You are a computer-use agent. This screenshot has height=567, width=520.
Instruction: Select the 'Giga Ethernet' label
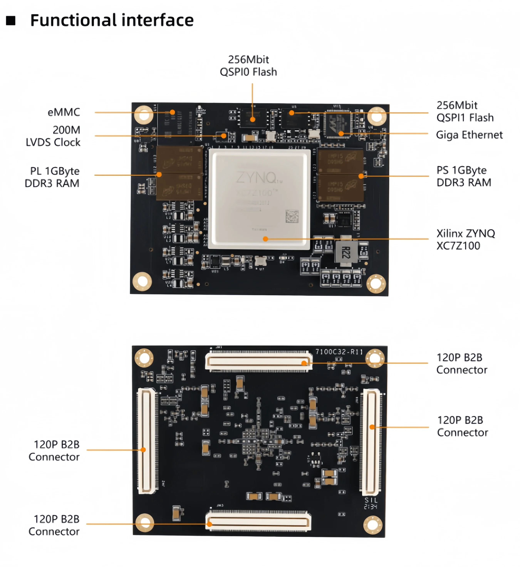click(x=469, y=135)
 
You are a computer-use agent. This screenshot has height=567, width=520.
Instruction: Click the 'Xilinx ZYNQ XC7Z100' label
click(x=465, y=239)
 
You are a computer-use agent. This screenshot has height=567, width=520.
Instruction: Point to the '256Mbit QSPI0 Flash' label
click(x=248, y=65)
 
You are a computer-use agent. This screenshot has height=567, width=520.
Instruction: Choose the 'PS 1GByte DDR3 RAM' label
click(x=463, y=176)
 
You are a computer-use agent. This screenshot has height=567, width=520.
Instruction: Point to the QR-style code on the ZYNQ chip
click(x=292, y=216)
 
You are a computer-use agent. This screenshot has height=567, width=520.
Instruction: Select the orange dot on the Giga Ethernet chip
click(x=341, y=133)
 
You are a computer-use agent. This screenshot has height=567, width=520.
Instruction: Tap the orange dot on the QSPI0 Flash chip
click(x=253, y=119)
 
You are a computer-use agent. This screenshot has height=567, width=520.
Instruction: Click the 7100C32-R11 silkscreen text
click(x=339, y=352)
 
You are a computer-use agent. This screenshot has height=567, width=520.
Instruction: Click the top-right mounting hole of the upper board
click(x=377, y=116)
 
